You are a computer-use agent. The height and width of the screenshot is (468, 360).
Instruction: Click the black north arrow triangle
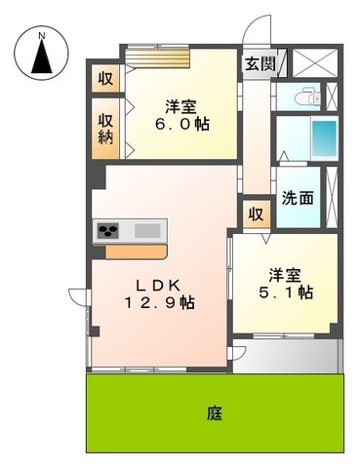(x=41, y=59)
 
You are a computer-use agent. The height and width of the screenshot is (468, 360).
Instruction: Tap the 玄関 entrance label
(x=260, y=65)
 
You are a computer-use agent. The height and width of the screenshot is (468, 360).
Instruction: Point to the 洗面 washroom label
(x=298, y=197)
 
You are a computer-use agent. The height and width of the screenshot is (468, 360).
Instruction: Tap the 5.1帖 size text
(x=292, y=291)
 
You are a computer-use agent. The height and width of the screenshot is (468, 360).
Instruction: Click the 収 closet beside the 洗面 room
(x=256, y=214)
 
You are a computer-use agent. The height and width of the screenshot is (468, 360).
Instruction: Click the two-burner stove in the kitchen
(x=107, y=231)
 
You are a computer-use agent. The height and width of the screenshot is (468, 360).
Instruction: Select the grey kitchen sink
(x=147, y=231)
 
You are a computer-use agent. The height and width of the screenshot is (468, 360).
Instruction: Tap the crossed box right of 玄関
(x=314, y=62)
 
